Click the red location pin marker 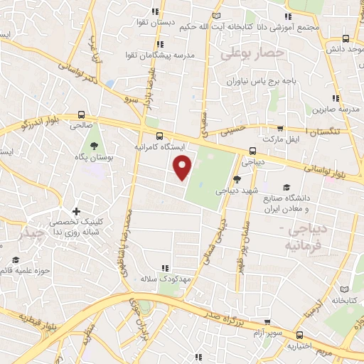pos(183,167)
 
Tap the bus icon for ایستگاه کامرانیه pos(159,135)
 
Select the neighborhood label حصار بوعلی pos(252,53)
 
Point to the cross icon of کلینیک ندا pos(76,211)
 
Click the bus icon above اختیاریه pos(299,334)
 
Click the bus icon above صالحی pos(81,114)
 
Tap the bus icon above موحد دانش pos(346,39)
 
